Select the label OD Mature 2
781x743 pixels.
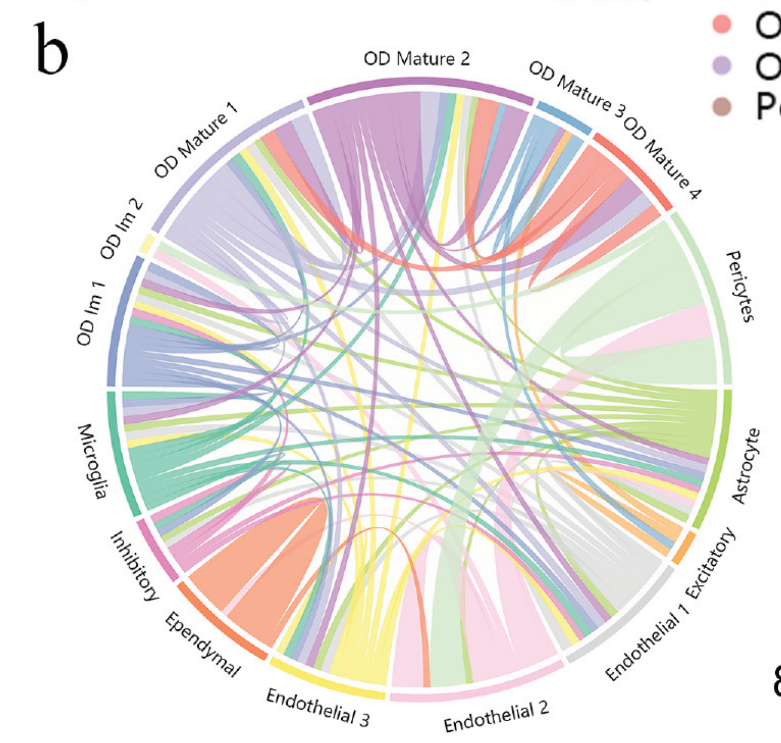[x=416, y=58]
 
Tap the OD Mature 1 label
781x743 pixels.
[x=195, y=140]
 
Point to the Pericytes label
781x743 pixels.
[x=739, y=287]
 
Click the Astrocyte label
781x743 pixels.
[x=745, y=466]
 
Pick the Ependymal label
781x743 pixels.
[x=202, y=644]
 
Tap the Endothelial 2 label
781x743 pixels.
[x=496, y=715]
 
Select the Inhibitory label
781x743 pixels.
[x=134, y=566]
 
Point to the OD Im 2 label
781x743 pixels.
[x=122, y=229]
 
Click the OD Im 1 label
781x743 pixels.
[x=91, y=314]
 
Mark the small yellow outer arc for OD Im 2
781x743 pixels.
[x=147, y=244]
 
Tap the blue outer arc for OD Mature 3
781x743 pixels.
[x=563, y=117]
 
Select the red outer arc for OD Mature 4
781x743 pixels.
[x=633, y=170]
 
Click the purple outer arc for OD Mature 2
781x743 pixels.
[x=419, y=85]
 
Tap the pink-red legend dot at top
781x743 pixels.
[x=722, y=24]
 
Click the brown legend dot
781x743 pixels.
[x=722, y=106]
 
